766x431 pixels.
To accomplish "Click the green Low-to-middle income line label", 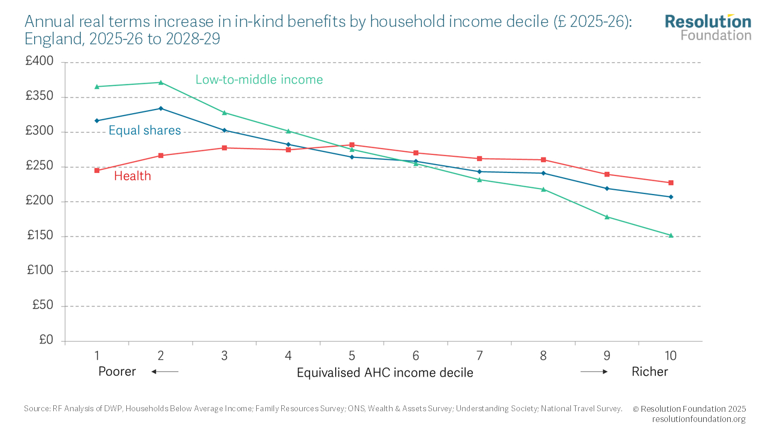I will pyautogui.click(x=259, y=80).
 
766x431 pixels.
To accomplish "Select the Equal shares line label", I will pyautogui.click(x=144, y=130).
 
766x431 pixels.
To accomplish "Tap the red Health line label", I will pyautogui.click(x=132, y=176).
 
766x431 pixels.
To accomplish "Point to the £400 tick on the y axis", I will pyautogui.click(x=40, y=62).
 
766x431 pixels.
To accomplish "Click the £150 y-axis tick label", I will pyautogui.click(x=40, y=236).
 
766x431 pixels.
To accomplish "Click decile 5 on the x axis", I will pyautogui.click(x=352, y=356).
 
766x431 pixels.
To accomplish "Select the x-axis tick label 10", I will pyautogui.click(x=670, y=356).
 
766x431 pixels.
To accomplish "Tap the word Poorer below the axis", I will pyautogui.click(x=117, y=372).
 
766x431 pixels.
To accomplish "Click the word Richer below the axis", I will pyautogui.click(x=649, y=372).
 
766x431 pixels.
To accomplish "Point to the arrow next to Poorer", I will pyautogui.click(x=165, y=372).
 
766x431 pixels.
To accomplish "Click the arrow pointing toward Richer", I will pyautogui.click(x=594, y=372).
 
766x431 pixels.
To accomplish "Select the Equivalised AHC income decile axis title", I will pyautogui.click(x=385, y=373).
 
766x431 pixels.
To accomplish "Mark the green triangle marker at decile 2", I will pyautogui.click(x=160, y=82).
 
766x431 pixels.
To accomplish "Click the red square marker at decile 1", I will pyautogui.click(x=97, y=171).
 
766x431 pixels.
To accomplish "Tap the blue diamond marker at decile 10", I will pyautogui.click(x=671, y=197).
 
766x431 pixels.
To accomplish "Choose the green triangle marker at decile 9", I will pyautogui.click(x=607, y=217).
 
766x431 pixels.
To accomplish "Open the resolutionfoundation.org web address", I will pyautogui.click(x=698, y=419).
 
